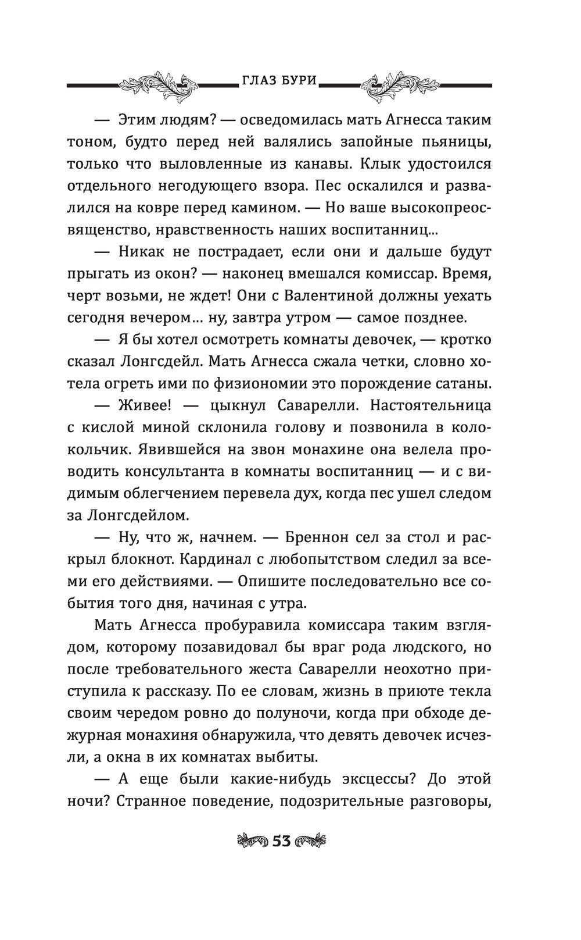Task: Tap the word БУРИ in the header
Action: coord(299,81)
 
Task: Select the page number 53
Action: coord(282,841)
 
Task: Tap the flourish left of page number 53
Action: coord(251,841)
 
